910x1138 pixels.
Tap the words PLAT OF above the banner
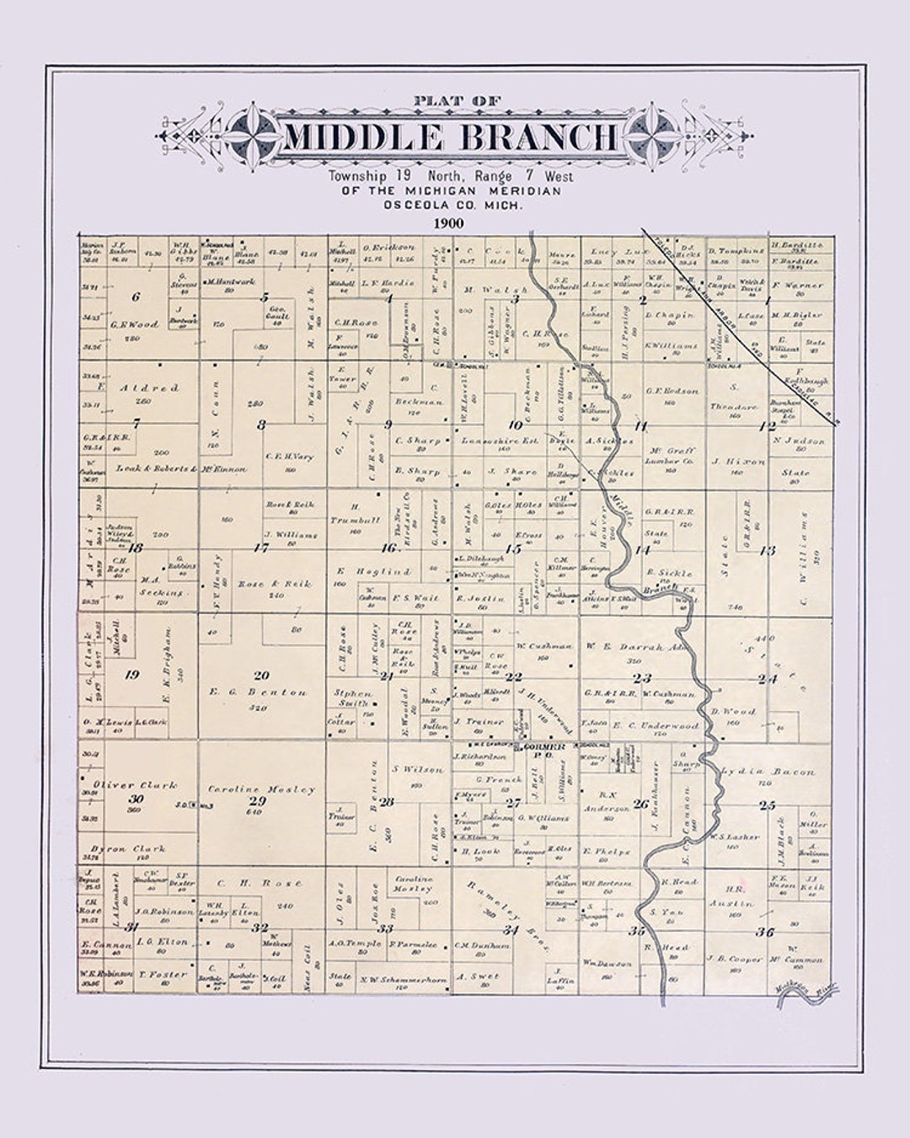coord(457,101)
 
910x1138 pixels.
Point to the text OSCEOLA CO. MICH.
coord(452,205)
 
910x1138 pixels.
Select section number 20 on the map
coord(261,675)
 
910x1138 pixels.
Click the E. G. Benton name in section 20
coord(259,692)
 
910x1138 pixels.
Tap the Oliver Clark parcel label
coord(136,785)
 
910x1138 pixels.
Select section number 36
coord(764,932)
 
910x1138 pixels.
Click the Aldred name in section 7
coord(148,388)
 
